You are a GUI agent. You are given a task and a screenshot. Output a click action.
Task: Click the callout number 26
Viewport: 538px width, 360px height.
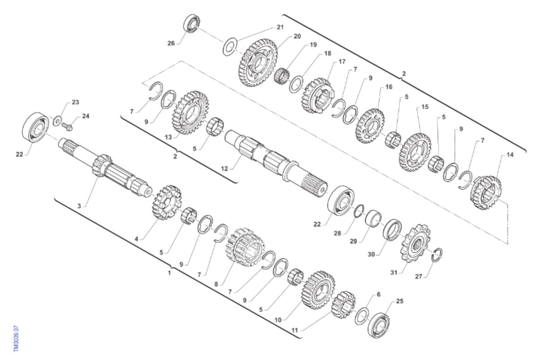pyautogui.click(x=171, y=43)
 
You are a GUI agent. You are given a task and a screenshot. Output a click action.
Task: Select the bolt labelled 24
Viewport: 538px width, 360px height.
pyautogui.click(x=67, y=127)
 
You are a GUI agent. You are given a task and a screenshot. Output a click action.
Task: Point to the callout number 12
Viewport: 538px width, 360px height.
pyautogui.click(x=224, y=169)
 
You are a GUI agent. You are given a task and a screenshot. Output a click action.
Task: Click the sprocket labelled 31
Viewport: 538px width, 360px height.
pyautogui.click(x=415, y=243)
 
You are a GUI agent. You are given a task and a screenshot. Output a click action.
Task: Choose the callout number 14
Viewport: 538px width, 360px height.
pyautogui.click(x=510, y=155)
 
